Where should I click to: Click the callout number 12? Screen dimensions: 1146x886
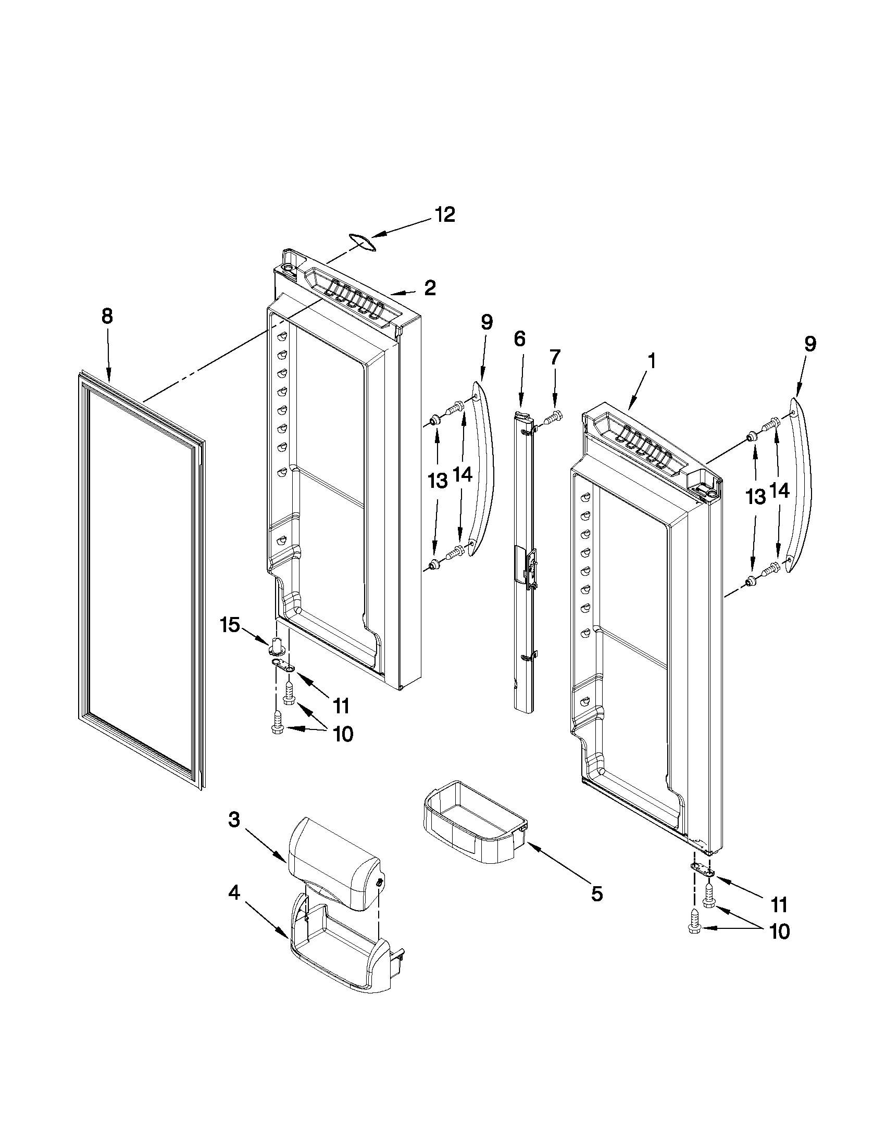click(x=445, y=215)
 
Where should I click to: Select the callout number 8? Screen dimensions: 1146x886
click(x=107, y=317)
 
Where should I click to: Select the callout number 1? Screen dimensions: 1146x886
click(x=651, y=361)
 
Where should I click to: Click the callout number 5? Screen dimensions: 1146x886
click(x=597, y=893)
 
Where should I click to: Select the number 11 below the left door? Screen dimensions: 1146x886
click(x=341, y=706)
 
